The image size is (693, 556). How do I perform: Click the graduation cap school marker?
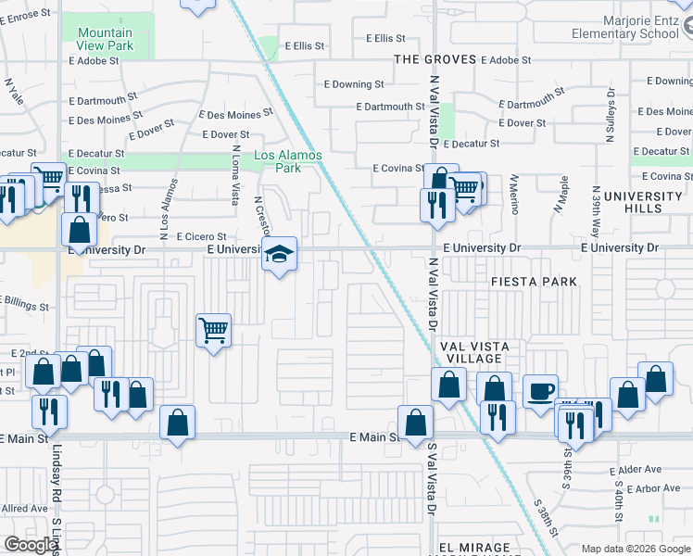(278, 254)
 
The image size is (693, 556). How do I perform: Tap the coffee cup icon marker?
(540, 390)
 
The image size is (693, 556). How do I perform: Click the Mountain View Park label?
(98, 39)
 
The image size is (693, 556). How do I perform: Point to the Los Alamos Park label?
(288, 161)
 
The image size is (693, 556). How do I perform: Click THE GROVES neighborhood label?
(435, 59)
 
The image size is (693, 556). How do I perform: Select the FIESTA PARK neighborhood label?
(534, 281)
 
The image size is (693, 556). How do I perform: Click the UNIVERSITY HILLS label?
(641, 202)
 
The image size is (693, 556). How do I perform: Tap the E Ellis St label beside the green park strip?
(306, 44)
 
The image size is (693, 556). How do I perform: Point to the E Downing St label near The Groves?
(357, 84)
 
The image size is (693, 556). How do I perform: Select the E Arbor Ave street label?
(654, 488)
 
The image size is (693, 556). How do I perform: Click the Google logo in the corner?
(31, 544)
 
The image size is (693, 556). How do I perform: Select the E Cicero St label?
(201, 236)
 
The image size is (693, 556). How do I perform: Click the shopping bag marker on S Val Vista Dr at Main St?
(415, 422)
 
